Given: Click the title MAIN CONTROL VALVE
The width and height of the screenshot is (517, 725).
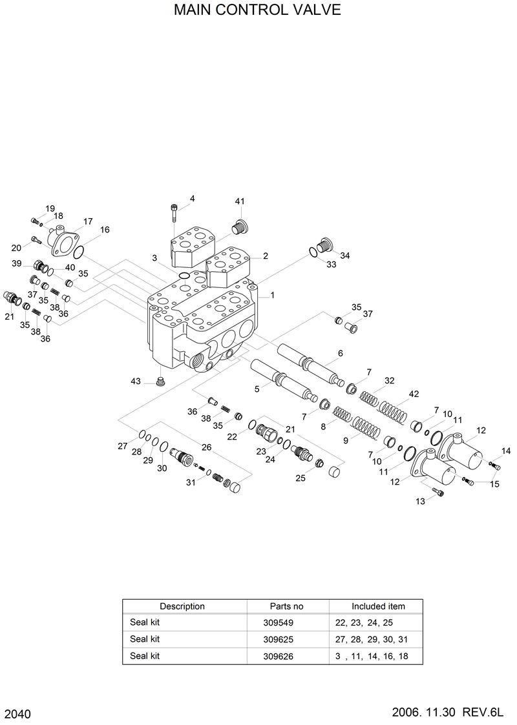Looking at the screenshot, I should pyautogui.click(x=257, y=11).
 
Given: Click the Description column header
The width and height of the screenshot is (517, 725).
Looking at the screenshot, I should pyautogui.click(x=182, y=606).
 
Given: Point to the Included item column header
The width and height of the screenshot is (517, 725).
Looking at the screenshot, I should pyautogui.click(x=378, y=606).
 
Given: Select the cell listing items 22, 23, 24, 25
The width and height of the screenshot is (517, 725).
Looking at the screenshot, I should pyautogui.click(x=364, y=623).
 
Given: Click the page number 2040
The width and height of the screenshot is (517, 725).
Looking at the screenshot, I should pyautogui.click(x=17, y=713).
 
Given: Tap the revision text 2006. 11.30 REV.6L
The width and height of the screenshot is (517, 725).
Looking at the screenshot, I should pyautogui.click(x=447, y=712).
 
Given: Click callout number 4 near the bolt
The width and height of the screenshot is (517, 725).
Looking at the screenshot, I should pyautogui.click(x=192, y=198).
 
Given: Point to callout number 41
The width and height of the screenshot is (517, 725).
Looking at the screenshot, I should pyautogui.click(x=240, y=201).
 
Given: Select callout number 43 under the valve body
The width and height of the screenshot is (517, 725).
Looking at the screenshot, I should pyautogui.click(x=136, y=382).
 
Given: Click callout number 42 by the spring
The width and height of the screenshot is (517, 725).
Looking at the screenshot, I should pyautogui.click(x=414, y=394).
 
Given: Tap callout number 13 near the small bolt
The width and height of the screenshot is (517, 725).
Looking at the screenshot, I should pyautogui.click(x=420, y=502).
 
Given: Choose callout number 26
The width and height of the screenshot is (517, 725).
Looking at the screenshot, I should pyautogui.click(x=206, y=447).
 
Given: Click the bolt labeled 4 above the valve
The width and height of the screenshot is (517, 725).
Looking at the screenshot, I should pyautogui.click(x=174, y=212).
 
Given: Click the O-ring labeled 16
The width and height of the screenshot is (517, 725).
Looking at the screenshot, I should pyautogui.click(x=78, y=251).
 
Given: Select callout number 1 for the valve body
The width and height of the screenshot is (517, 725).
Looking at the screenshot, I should pyautogui.click(x=272, y=295).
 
